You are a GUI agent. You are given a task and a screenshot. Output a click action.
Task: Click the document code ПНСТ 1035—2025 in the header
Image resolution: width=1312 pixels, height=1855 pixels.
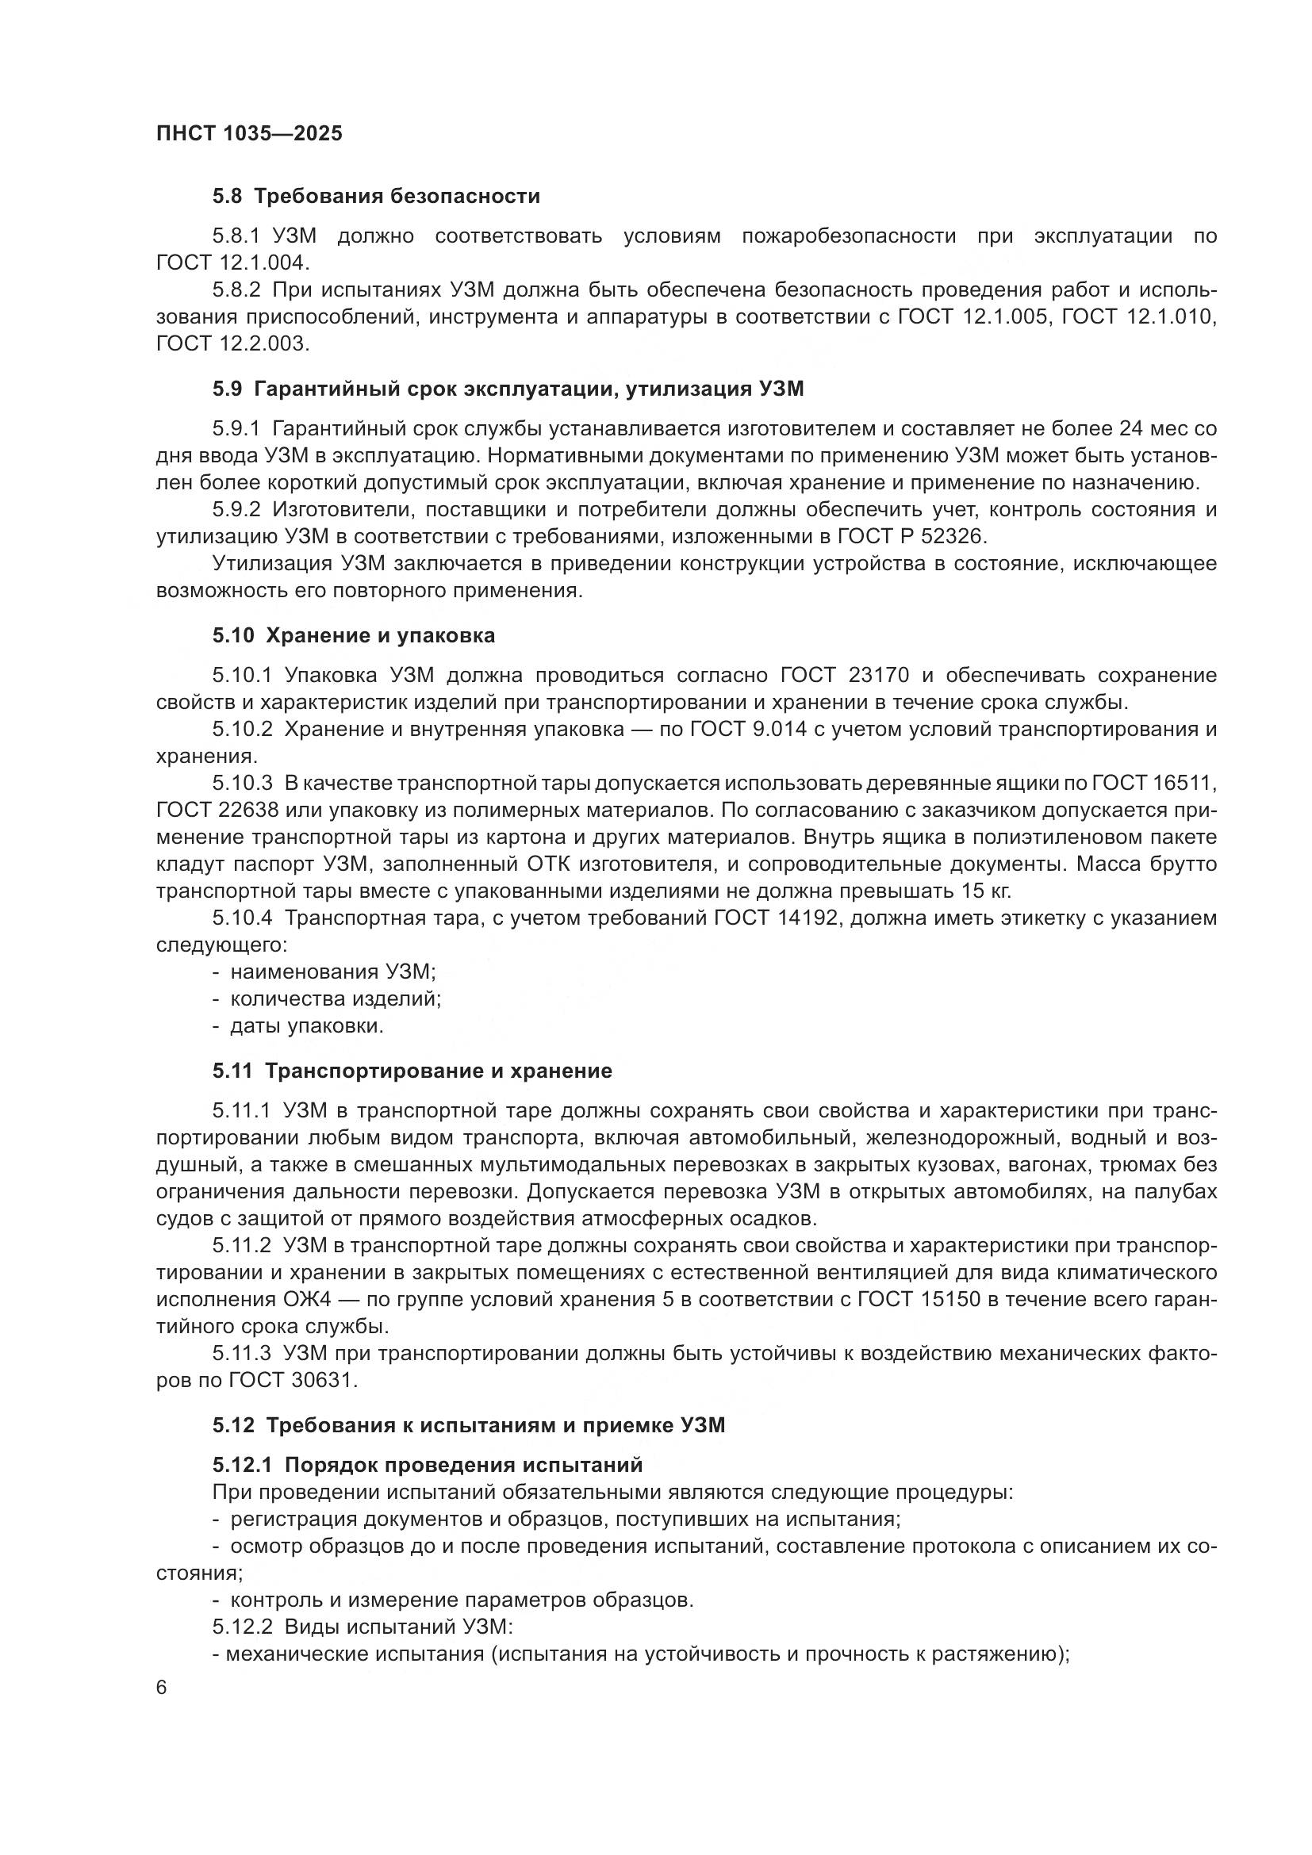click(x=249, y=133)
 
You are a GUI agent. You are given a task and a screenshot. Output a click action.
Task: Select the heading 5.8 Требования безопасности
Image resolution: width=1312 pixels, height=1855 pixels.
click(x=377, y=197)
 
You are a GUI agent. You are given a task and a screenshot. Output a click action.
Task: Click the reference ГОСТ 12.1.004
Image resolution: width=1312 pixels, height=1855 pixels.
click(x=232, y=263)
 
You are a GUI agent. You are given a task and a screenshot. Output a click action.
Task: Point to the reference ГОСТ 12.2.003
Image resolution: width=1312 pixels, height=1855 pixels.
click(x=232, y=343)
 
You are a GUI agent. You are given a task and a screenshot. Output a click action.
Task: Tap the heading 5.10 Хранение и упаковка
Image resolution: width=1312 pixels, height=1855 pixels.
click(x=354, y=636)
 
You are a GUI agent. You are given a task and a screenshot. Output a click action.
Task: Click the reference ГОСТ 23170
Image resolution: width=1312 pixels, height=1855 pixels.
click(x=845, y=675)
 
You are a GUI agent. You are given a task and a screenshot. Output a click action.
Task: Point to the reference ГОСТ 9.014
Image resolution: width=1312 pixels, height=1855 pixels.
click(x=748, y=729)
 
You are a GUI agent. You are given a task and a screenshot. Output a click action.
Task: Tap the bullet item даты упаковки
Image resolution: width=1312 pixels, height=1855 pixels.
click(x=306, y=1026)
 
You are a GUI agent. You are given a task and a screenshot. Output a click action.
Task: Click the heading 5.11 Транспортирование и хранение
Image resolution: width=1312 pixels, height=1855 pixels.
click(x=412, y=1071)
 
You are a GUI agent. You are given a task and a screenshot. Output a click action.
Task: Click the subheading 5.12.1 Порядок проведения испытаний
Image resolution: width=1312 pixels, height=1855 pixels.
click(x=428, y=1465)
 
